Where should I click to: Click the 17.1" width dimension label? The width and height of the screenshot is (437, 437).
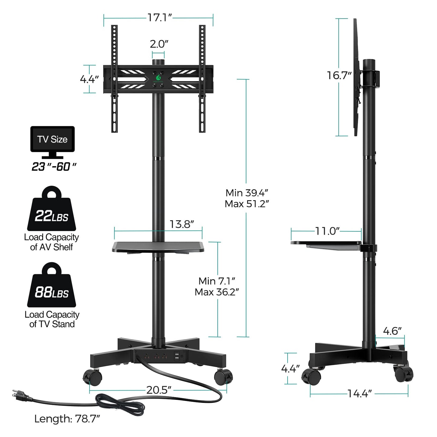tap(159, 18)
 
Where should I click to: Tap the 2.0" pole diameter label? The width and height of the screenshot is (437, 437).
tap(159, 44)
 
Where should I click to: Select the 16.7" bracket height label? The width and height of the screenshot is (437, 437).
tap(339, 75)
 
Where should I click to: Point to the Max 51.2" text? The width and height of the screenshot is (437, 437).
tap(247, 204)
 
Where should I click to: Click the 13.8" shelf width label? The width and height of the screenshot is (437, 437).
tap(181, 224)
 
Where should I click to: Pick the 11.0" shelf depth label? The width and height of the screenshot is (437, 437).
tap(328, 231)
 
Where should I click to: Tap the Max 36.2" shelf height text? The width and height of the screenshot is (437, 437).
tap(217, 292)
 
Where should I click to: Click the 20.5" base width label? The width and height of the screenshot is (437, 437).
tap(159, 390)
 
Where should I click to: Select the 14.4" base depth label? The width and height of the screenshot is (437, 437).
tap(359, 394)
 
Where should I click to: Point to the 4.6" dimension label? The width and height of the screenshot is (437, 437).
tap(392, 331)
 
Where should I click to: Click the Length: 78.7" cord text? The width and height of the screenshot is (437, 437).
tap(67, 419)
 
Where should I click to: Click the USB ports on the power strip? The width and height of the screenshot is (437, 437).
tap(177, 356)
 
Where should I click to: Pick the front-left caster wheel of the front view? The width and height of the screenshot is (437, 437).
tap(93, 377)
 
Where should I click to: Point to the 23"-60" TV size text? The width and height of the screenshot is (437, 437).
tap(54, 167)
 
